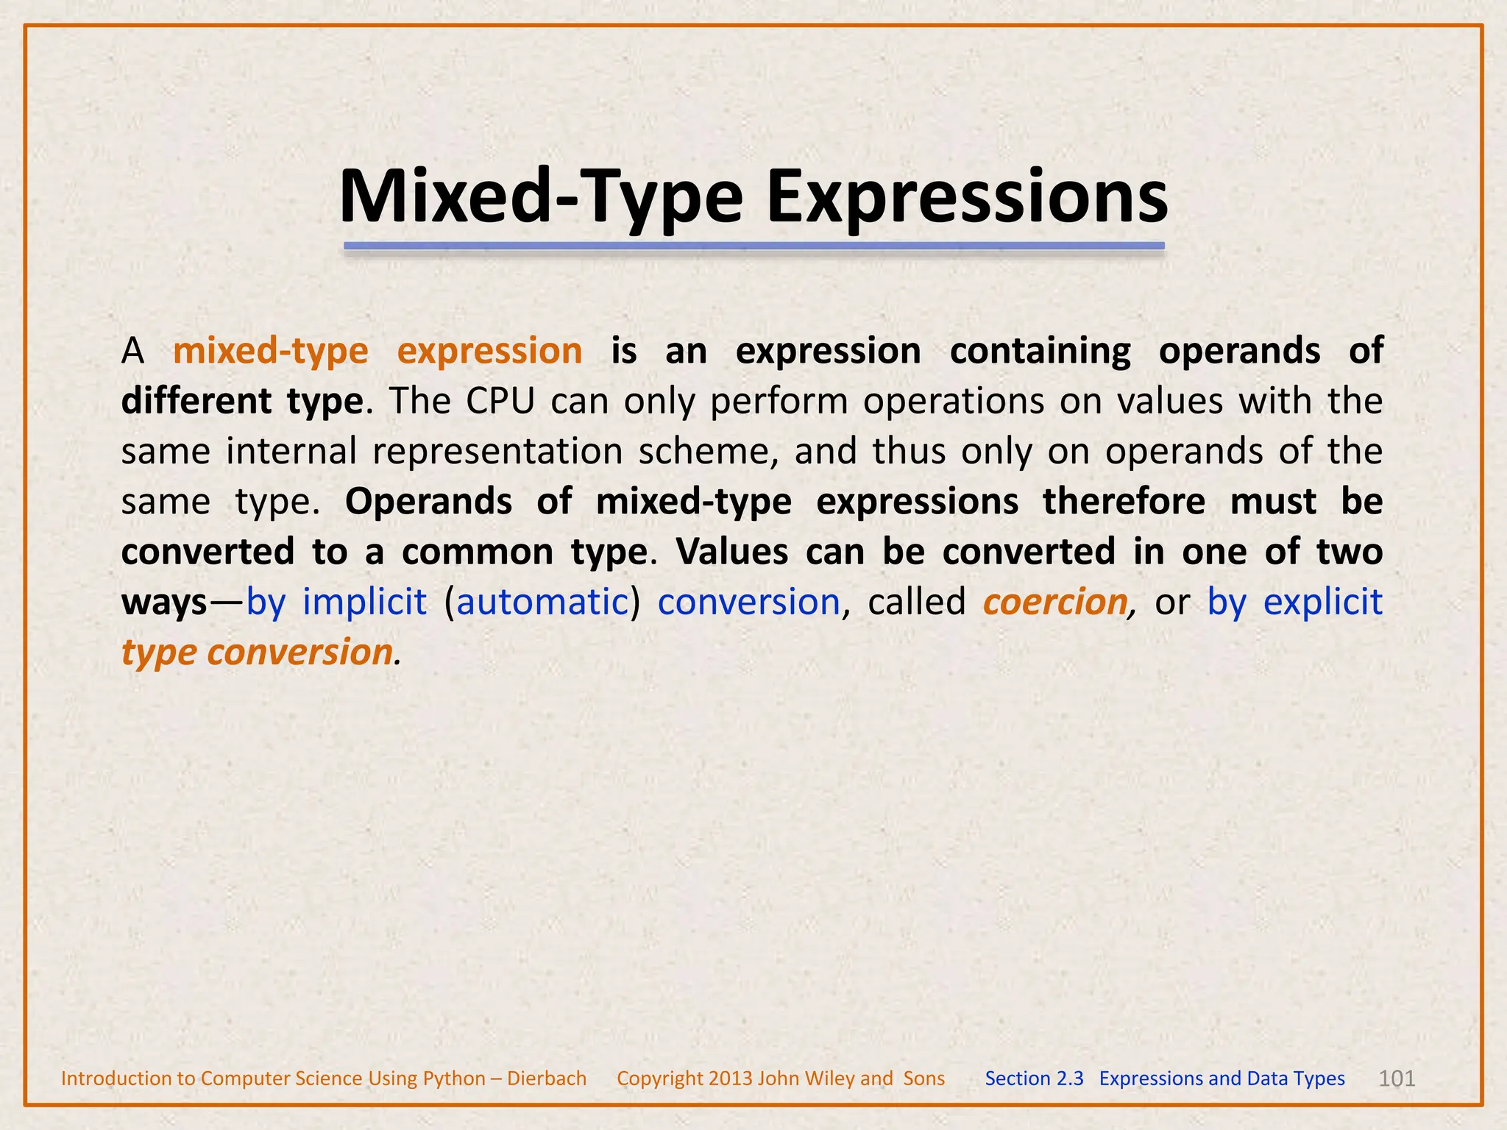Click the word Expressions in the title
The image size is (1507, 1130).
tap(967, 197)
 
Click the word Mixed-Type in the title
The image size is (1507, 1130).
tap(541, 197)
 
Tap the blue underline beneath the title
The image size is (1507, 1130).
tap(753, 246)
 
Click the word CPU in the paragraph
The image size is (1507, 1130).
tap(500, 402)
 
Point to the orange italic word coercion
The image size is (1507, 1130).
tap(1054, 603)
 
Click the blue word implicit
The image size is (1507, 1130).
tap(364, 603)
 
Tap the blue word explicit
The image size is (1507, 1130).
tap(1322, 603)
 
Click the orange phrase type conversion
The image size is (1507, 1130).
tap(257, 653)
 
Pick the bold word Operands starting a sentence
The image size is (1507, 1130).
tap(428, 502)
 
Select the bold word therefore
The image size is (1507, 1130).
tap(1124, 502)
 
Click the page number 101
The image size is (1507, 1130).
tap(1396, 1079)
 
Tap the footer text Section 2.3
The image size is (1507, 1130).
tap(1034, 1079)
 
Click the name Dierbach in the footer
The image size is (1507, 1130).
tap(546, 1079)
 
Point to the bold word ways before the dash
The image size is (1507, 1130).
tap(164, 603)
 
